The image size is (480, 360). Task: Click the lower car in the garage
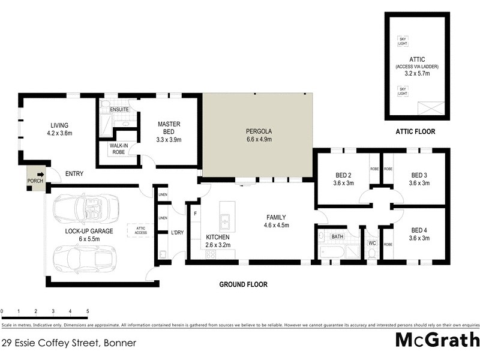81,259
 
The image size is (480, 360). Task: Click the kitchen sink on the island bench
226,222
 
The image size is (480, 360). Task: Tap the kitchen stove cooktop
211,254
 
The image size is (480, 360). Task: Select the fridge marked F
195,214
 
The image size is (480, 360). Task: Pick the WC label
371,243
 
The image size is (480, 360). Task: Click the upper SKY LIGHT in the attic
402,41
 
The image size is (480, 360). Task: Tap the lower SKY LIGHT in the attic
402,91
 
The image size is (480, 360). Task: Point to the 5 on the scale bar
88,312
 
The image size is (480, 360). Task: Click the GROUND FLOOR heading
243,284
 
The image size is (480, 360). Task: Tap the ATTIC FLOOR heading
415,131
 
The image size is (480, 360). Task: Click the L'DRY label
177,232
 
